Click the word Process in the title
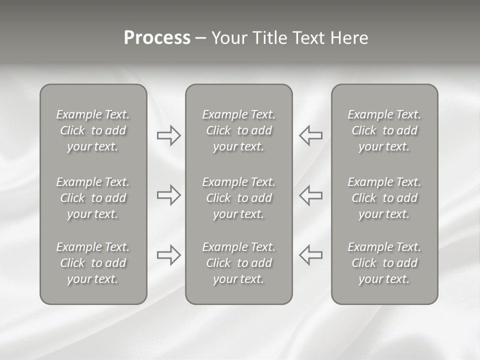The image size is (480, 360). (157, 38)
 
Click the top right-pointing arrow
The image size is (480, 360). (169, 135)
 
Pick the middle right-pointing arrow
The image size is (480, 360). (169, 195)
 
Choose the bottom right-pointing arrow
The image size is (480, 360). (169, 255)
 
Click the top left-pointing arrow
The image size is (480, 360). (310, 135)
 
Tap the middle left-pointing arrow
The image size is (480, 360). (310, 195)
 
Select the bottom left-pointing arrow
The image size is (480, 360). (310, 255)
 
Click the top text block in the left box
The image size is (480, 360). (93, 130)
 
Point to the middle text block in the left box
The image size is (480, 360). (93, 198)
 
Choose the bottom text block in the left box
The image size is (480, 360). (93, 263)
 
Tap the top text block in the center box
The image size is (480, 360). (238, 130)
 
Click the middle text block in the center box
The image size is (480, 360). (238, 198)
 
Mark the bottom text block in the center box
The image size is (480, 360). (238, 263)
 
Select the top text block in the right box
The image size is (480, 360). (384, 130)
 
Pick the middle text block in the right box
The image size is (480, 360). (384, 198)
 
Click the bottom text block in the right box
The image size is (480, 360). (384, 263)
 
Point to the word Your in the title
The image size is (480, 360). (228, 38)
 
